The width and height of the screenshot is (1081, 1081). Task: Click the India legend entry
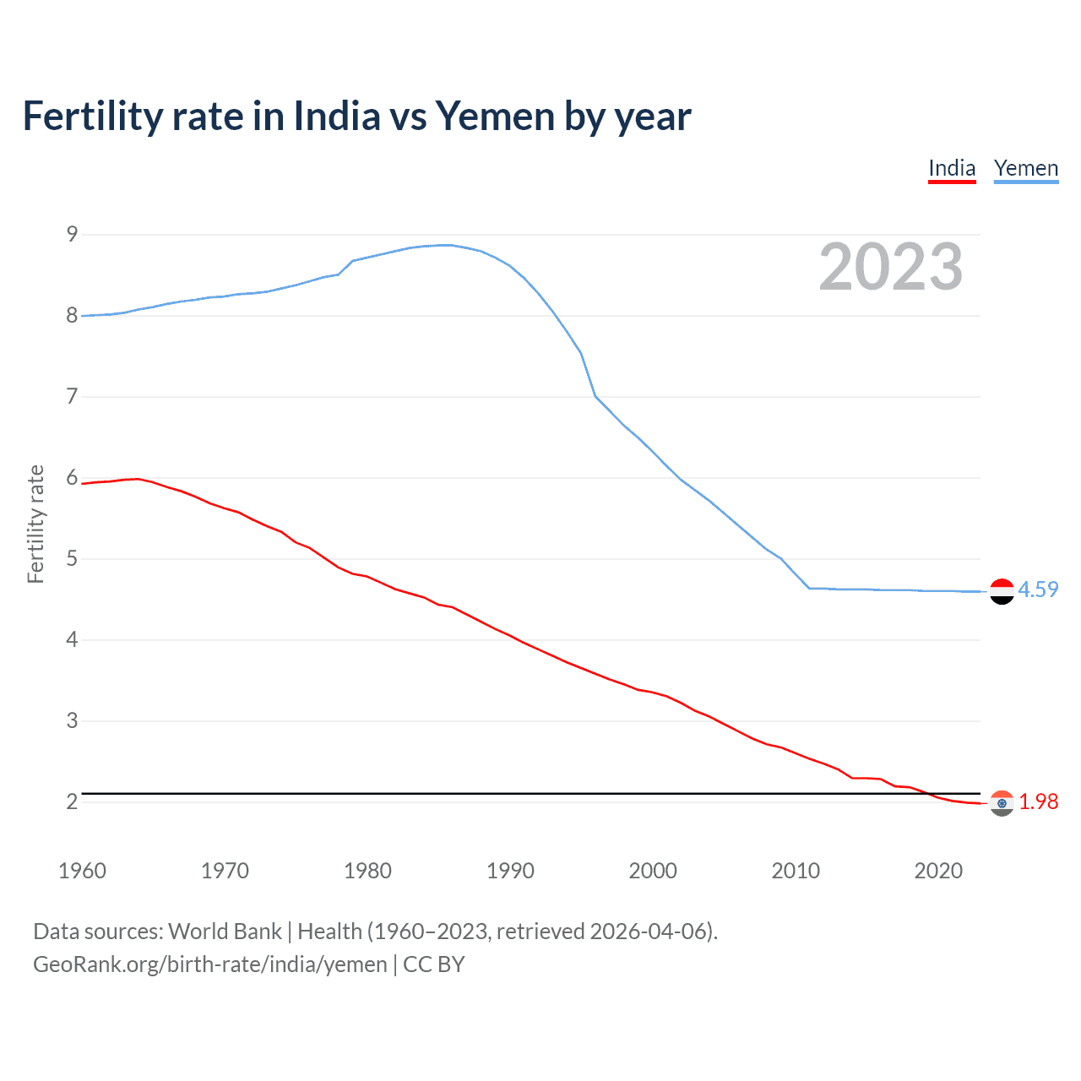point(952,168)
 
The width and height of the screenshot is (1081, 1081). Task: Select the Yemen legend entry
point(1025,168)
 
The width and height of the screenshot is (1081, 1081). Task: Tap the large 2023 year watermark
point(890,267)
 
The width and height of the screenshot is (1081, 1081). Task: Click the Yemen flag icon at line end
point(1002,591)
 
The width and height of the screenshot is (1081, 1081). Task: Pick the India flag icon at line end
point(1002,803)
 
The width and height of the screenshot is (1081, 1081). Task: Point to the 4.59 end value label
point(1038,589)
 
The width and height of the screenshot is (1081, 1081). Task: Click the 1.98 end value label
point(1038,801)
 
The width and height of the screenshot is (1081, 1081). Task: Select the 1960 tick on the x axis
point(82,871)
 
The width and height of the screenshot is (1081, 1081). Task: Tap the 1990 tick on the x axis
point(510,871)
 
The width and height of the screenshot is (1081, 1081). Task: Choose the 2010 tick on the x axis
point(796,871)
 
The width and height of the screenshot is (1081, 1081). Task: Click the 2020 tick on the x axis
point(938,871)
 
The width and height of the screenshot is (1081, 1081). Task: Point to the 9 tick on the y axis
point(72,234)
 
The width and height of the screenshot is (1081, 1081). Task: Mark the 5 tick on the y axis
point(72,558)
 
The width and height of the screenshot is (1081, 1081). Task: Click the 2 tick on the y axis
point(72,801)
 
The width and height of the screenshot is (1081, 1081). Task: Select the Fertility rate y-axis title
point(35,524)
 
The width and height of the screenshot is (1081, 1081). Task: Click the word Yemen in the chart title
point(493,116)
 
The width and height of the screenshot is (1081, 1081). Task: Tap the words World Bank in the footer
point(225,932)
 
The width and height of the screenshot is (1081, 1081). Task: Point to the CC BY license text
point(434,964)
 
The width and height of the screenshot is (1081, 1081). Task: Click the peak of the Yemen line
point(445,245)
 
